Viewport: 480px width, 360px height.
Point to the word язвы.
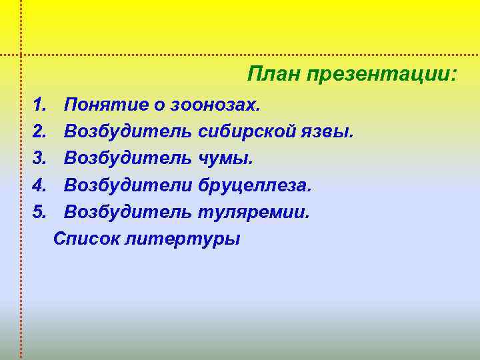327,131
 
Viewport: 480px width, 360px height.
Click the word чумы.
226,158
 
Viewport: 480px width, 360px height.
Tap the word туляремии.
254,211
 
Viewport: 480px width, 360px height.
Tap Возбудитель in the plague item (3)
129,158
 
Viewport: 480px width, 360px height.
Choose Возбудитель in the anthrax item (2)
129,131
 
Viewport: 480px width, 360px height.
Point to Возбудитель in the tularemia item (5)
129,211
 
